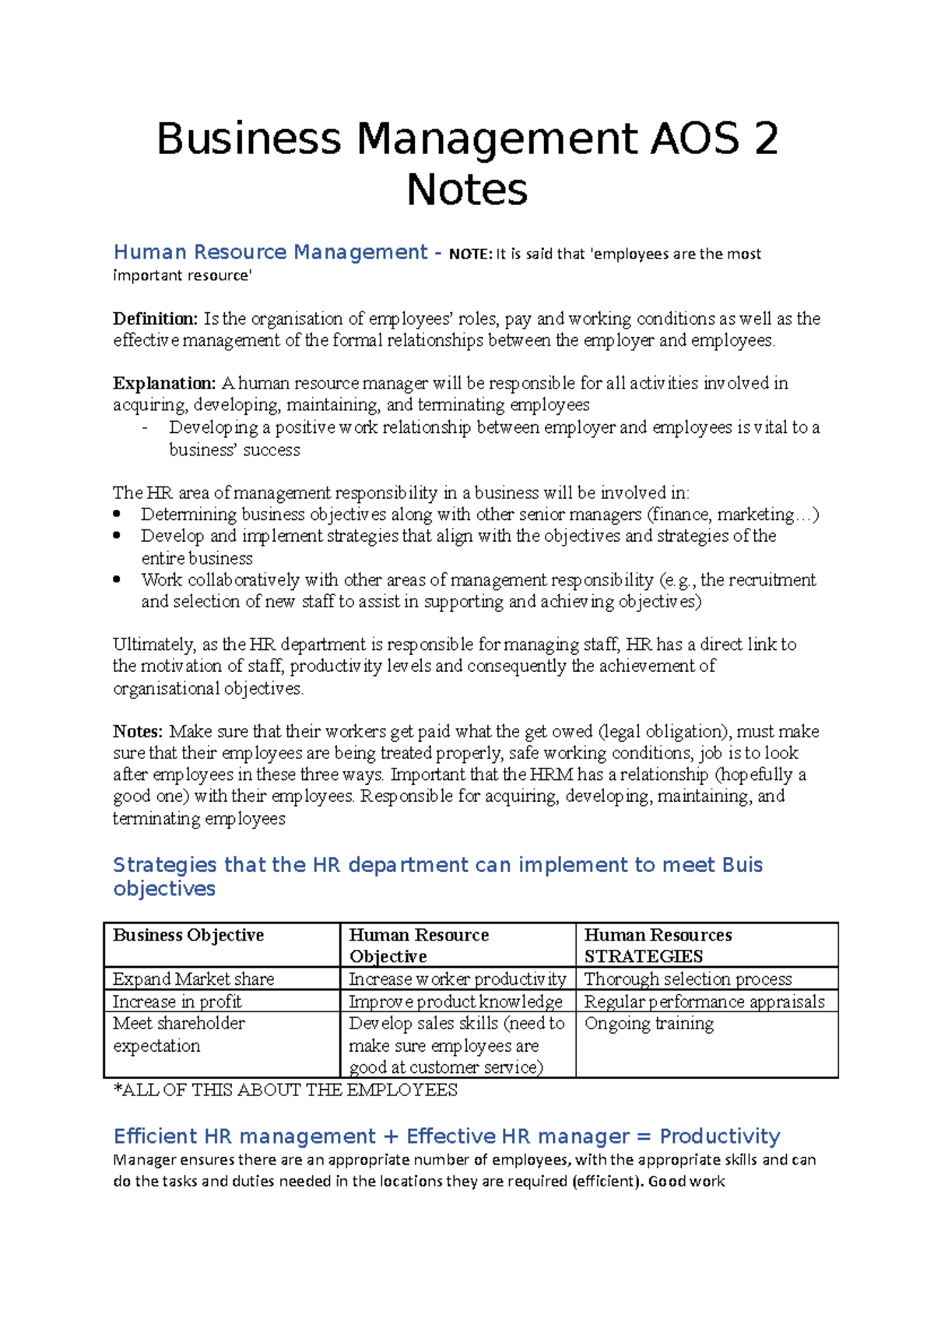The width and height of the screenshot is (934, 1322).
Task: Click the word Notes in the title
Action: pyautogui.click(x=467, y=189)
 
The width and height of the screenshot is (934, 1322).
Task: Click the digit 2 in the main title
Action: pyautogui.click(x=764, y=139)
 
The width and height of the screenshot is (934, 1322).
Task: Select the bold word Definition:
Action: pyautogui.click(x=155, y=318)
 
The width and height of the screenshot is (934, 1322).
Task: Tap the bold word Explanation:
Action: pyautogui.click(x=164, y=383)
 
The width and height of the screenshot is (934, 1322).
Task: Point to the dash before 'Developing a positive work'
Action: pyautogui.click(x=145, y=428)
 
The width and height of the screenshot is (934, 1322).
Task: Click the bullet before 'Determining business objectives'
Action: pyautogui.click(x=118, y=514)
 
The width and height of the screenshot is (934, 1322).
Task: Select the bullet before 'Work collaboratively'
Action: pyautogui.click(x=118, y=579)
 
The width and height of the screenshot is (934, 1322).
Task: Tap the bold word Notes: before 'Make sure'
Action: pyautogui.click(x=138, y=731)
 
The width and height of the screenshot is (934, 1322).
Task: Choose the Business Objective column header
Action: pyautogui.click(x=188, y=935)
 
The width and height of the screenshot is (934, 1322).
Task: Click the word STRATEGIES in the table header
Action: pyautogui.click(x=643, y=957)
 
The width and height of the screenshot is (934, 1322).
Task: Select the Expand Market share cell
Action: pyautogui.click(x=193, y=979)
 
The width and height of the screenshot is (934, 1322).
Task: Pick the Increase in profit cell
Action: pyautogui.click(x=177, y=1001)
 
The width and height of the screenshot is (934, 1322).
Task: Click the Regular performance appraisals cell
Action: pyautogui.click(x=704, y=1001)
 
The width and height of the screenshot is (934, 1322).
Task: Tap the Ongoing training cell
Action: pyautogui.click(x=648, y=1023)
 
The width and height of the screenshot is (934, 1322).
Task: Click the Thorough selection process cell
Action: pyautogui.click(x=687, y=979)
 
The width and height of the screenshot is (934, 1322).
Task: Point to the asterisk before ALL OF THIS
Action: pyautogui.click(x=118, y=1088)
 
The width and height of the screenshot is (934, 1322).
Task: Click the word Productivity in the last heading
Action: pyautogui.click(x=719, y=1136)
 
